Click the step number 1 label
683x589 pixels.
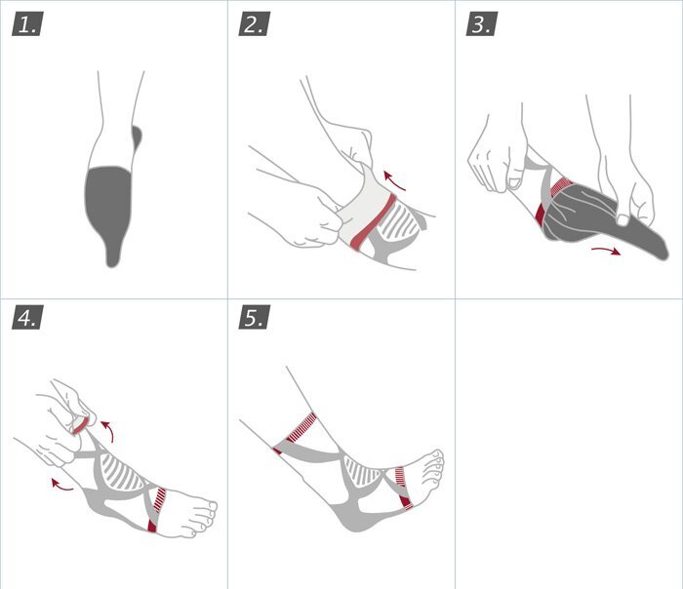(27, 24)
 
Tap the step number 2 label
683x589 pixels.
(255, 24)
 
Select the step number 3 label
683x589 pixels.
(482, 24)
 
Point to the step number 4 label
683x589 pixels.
(27, 317)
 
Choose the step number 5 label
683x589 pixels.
(255, 317)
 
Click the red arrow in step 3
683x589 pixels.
(606, 250)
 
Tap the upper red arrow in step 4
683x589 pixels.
(108, 430)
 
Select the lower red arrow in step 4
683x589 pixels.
(60, 486)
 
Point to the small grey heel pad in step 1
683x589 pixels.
(137, 138)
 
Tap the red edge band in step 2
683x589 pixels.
(374, 223)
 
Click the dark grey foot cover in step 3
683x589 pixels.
(601, 219)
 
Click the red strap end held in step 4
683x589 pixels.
(81, 425)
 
